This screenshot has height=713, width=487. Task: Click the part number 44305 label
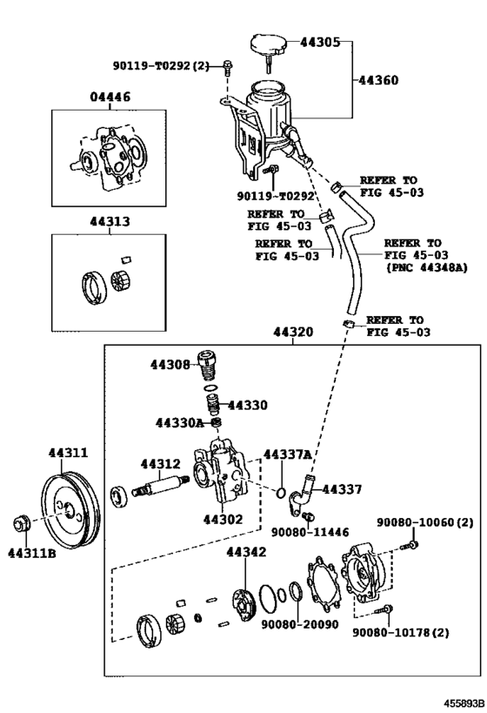pyautogui.click(x=320, y=43)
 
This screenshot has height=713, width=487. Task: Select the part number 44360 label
pyautogui.click(x=378, y=80)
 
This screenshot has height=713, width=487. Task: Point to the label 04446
pyautogui.click(x=110, y=97)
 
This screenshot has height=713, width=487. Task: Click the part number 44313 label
pyautogui.click(x=110, y=221)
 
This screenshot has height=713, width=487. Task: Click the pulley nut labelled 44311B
pyautogui.click(x=22, y=523)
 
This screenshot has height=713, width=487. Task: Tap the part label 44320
pyautogui.click(x=293, y=332)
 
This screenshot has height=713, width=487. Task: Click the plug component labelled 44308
pyautogui.click(x=207, y=363)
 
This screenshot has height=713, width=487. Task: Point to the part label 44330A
pyautogui.click(x=179, y=423)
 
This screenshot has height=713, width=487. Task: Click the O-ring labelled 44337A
pyautogui.click(x=281, y=493)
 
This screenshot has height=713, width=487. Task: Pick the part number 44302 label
pyautogui.click(x=223, y=519)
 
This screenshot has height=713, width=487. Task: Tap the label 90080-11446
pyautogui.click(x=310, y=532)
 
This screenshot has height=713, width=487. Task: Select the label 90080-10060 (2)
pyautogui.click(x=424, y=523)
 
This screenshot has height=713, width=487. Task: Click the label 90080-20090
pyautogui.click(x=300, y=624)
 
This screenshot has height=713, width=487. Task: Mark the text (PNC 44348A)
pyautogui.click(x=427, y=268)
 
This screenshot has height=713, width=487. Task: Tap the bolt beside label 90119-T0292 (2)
pyautogui.click(x=228, y=67)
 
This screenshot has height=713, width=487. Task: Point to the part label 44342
pyautogui.click(x=246, y=552)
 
